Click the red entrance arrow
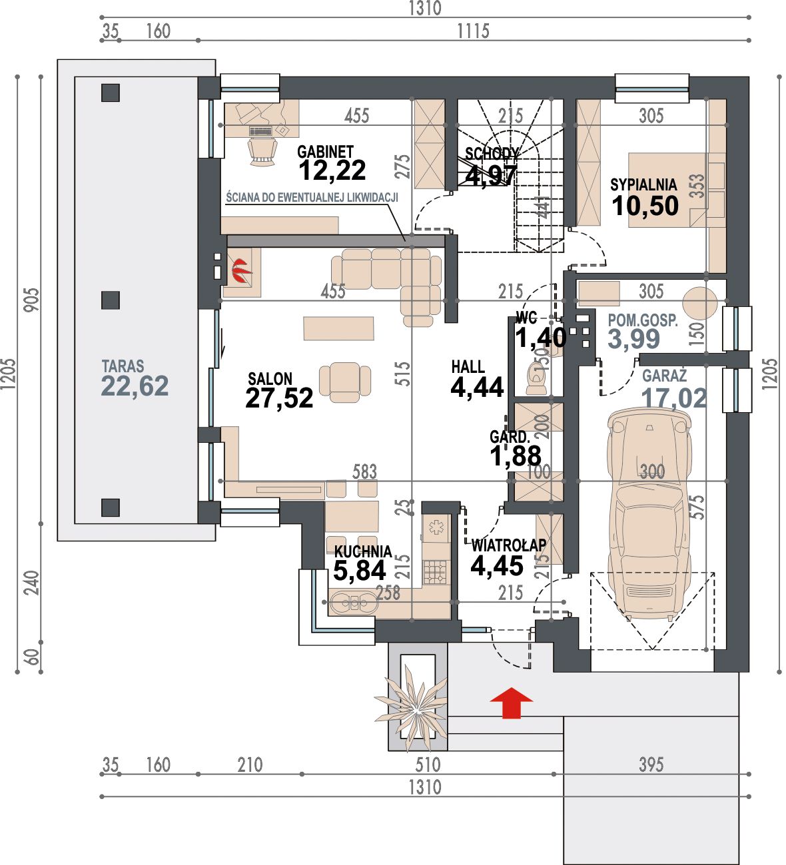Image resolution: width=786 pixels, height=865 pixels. [x=511, y=703]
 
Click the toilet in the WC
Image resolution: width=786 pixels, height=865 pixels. [x=537, y=380]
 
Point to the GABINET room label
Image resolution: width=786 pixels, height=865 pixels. [x=325, y=152]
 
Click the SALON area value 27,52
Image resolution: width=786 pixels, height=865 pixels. [x=279, y=398]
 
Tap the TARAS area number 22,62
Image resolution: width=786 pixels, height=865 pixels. [x=135, y=386]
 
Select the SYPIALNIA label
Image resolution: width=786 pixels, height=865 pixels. [x=643, y=184]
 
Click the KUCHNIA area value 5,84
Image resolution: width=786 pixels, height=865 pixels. [x=359, y=571]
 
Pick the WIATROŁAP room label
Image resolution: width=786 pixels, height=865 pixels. [x=509, y=545]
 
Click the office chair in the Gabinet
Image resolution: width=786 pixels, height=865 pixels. [x=262, y=152]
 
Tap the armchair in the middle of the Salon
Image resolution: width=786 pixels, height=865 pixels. [x=344, y=382]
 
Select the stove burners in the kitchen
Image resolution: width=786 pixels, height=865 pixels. [x=436, y=572]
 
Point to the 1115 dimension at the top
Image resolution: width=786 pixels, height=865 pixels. [x=473, y=31]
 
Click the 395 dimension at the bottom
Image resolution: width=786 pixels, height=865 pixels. [x=651, y=764]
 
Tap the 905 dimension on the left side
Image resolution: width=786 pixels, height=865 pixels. [x=31, y=300]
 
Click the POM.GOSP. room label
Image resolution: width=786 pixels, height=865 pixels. [x=643, y=320]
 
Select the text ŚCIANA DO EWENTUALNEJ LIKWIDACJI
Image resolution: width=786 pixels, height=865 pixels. [x=312, y=198]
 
